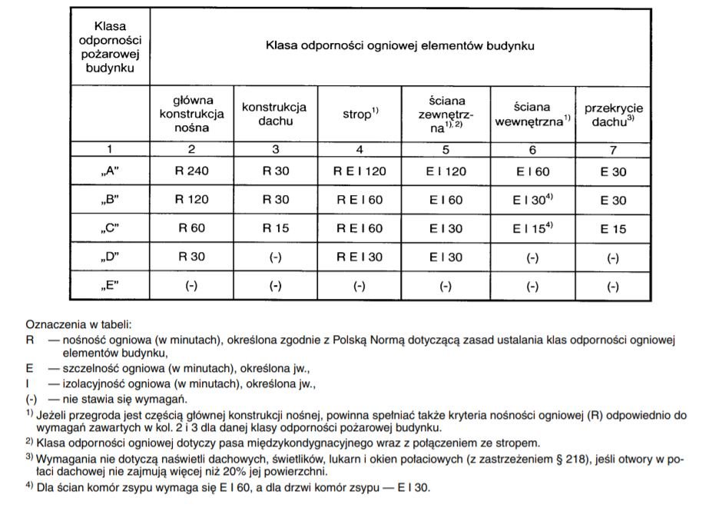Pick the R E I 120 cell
click(x=357, y=172)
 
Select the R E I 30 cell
click(x=357, y=257)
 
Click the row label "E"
click(x=111, y=285)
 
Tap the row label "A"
click(x=111, y=172)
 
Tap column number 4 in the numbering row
click(x=357, y=148)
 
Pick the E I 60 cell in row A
click(x=529, y=172)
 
